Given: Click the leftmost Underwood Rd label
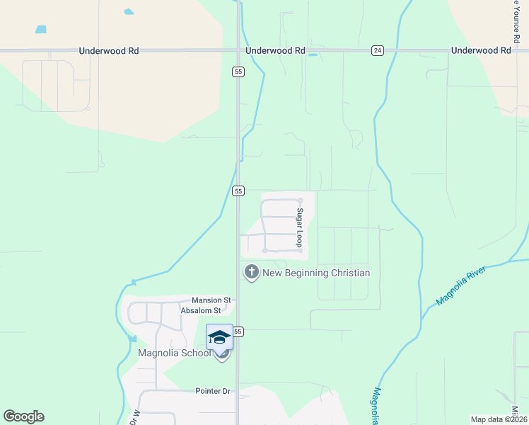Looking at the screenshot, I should [x=109, y=51].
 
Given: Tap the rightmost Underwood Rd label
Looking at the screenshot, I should [x=480, y=51].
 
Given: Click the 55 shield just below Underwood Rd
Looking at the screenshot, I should [x=238, y=72].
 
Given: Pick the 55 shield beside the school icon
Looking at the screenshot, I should [x=238, y=331].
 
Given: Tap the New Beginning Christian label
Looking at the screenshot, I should [x=316, y=273].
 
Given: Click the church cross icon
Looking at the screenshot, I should [x=251, y=272].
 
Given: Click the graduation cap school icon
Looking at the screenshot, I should [x=219, y=336].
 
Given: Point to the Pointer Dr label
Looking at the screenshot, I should [x=213, y=391].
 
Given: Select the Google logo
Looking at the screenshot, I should [x=23, y=416].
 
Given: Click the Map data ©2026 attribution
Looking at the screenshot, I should [x=498, y=419].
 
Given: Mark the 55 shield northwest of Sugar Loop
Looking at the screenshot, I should [x=238, y=191].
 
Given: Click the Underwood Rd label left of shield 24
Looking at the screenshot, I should [x=275, y=51].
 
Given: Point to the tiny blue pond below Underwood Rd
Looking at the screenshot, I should [x=312, y=55].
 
